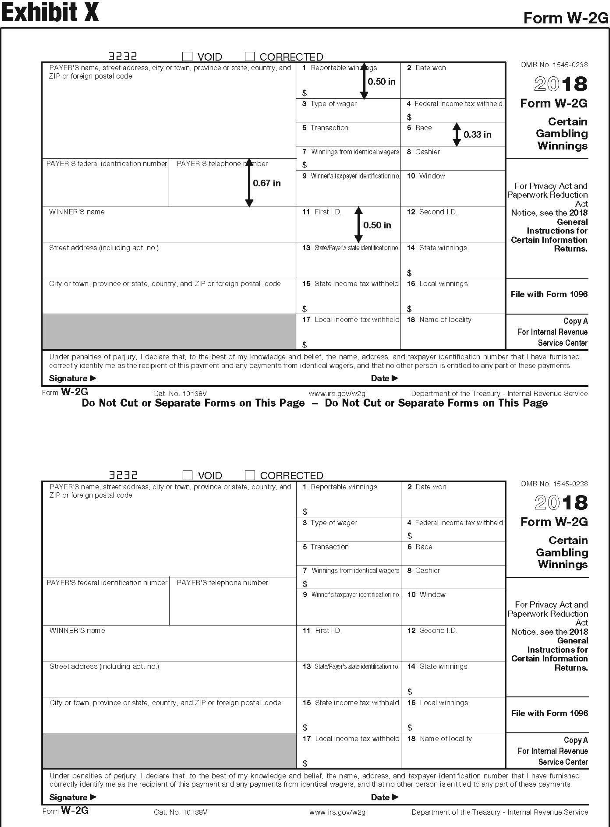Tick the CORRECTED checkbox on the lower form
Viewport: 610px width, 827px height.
click(250, 475)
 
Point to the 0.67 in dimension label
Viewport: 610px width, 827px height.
click(267, 183)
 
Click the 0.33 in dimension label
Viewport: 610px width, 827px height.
click(477, 134)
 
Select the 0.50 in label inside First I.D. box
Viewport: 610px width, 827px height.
click(377, 225)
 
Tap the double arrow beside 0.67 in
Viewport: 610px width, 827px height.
click(249, 183)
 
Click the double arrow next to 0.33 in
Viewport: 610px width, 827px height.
click(457, 134)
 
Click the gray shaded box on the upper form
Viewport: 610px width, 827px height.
click(169, 332)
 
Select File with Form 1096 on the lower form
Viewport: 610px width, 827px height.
click(549, 713)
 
